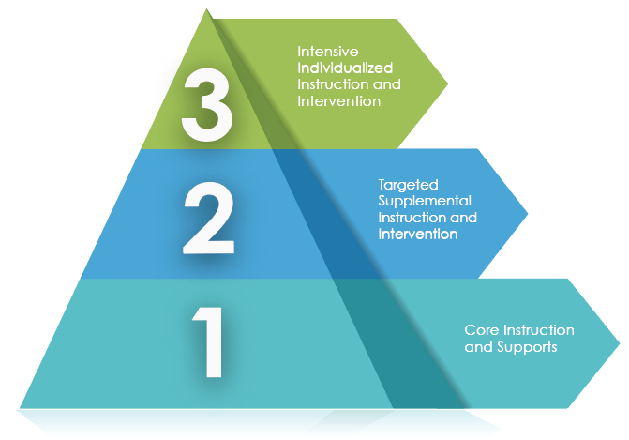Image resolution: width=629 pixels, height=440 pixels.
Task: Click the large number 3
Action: coord(208,105)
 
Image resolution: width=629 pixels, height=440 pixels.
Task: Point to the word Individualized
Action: coord(344,68)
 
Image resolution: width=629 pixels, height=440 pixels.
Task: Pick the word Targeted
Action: coord(408,185)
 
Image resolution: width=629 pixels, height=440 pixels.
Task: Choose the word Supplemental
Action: coord(425,201)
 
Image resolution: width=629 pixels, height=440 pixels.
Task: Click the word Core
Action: coord(480,330)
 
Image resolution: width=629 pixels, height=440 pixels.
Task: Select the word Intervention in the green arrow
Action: coord(338,101)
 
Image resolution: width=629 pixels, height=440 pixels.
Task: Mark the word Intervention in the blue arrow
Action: coord(417,235)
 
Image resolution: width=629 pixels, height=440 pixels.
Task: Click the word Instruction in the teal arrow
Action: coord(536,330)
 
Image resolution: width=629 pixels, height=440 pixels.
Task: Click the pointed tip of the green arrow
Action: coord(447,83)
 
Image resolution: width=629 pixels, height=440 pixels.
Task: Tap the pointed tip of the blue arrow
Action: coord(527,214)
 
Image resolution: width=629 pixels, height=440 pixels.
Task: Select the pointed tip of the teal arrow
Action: coord(620,342)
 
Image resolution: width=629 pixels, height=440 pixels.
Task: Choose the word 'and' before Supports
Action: coord(476,347)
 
